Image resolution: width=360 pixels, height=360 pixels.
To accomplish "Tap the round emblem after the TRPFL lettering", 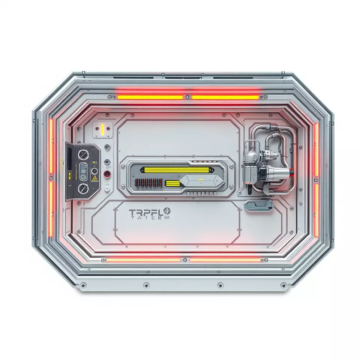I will [x=166, y=212].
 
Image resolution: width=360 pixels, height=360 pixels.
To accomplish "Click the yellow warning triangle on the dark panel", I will [x=95, y=178].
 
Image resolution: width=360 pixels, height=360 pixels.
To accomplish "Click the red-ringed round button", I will [x=107, y=174].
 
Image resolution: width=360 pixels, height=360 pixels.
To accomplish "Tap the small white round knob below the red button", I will [x=107, y=189].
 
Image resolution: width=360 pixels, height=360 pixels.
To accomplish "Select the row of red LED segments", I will [x=148, y=183].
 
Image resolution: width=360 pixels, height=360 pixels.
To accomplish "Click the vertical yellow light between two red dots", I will [x=102, y=130].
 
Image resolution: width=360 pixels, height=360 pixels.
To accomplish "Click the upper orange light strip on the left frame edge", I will [x=51, y=146].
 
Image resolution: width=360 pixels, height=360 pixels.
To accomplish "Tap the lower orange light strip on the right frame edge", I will [x=316, y=210].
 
